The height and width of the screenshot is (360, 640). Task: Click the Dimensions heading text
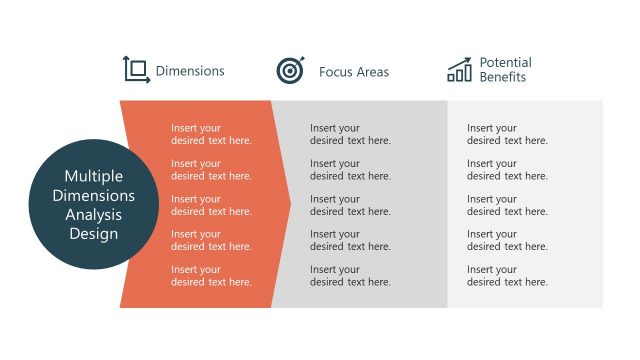pos(190,71)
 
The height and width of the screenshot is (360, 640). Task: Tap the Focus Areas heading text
pos(354,72)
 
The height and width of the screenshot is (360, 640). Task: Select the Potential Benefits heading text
pos(505,70)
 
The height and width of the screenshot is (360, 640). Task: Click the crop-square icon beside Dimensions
pos(136,69)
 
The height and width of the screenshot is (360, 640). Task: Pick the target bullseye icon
pos(290,70)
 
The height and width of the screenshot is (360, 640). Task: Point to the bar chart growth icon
pos(460,69)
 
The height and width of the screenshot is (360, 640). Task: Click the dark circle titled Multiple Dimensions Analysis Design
pos(93,204)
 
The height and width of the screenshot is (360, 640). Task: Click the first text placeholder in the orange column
pos(211,134)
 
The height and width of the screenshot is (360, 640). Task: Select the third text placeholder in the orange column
pos(211,205)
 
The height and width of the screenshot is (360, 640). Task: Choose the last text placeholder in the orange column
pos(211,276)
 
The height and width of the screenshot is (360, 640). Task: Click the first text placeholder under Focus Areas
pos(350,134)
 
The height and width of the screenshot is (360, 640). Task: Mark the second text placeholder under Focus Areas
pos(350,170)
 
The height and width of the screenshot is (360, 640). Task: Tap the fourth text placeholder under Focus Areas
pos(350,240)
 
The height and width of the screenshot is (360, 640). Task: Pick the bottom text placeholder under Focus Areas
pos(350,276)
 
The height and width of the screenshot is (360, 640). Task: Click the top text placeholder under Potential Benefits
pos(507,134)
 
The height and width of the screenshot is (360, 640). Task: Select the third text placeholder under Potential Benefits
pos(507,205)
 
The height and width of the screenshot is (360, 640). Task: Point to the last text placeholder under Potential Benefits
pos(507,276)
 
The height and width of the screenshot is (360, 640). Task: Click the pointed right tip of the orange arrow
pos(289,204)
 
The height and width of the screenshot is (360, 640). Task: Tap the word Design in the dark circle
pos(93,234)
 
